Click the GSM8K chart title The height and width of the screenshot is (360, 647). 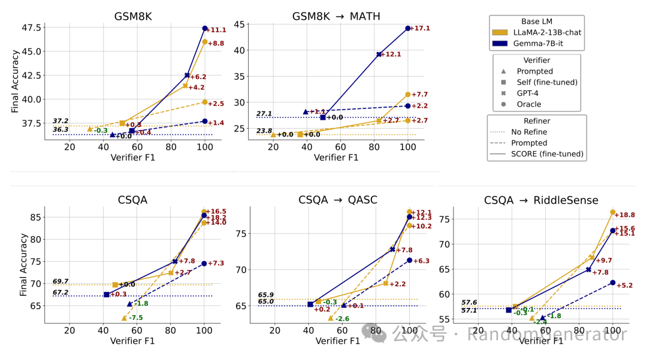tap(132, 16)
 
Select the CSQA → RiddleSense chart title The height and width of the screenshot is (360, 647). tap(541, 200)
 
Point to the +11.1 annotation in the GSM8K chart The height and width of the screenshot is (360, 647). tap(216, 30)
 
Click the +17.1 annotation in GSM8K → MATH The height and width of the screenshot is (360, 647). tap(420, 28)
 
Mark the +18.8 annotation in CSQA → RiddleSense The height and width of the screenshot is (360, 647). tap(625, 215)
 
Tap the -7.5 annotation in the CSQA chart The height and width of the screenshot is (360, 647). tap(136, 318)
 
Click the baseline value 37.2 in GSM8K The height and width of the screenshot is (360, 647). tap(61, 121)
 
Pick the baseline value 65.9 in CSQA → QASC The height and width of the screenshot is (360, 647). tap(266, 295)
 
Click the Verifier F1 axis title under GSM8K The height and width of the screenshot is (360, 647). tap(132, 158)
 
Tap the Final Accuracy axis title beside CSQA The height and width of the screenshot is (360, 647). tap(23, 265)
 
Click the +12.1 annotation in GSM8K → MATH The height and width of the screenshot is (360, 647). tap(390, 55)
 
